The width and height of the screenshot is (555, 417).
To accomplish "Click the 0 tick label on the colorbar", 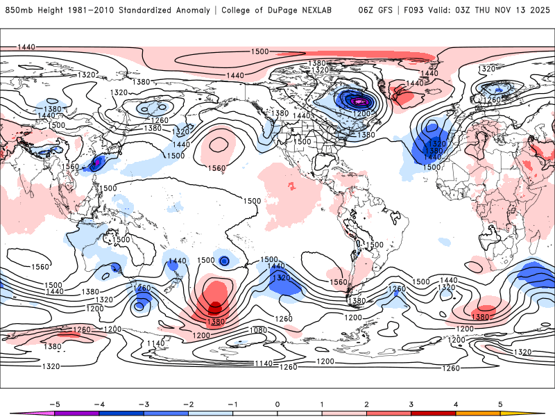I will (x=277, y=403).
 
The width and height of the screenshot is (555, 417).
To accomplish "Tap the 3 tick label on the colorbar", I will (x=411, y=403).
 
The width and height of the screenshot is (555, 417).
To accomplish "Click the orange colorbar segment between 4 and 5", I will (x=477, y=413).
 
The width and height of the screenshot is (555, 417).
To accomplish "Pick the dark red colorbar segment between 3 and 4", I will (x=433, y=413).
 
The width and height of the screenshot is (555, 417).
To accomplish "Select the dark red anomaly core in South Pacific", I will (x=215, y=306).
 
